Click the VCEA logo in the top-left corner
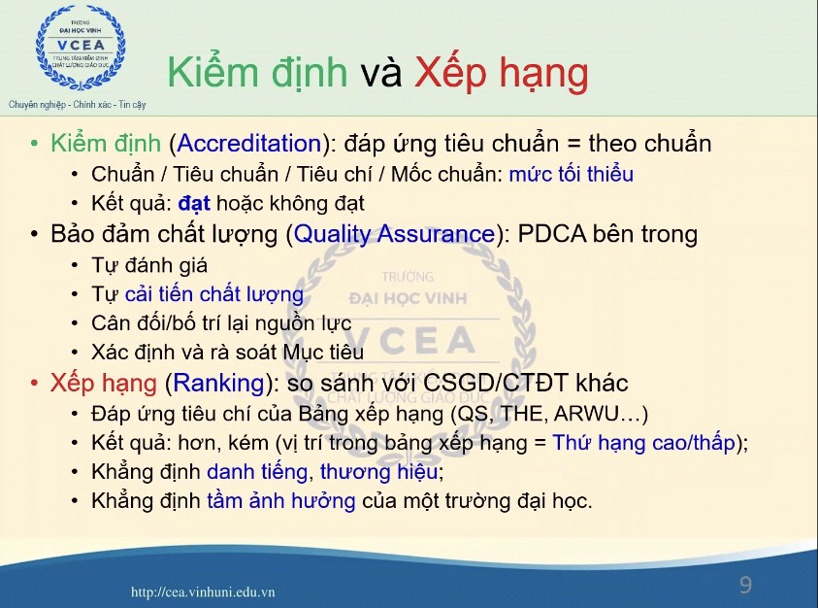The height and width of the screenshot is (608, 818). coord(81,47)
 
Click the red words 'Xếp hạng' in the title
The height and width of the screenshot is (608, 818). coord(502,74)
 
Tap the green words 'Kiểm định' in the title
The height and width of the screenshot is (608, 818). coord(257,72)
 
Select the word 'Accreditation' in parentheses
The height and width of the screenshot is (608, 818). coord(249,144)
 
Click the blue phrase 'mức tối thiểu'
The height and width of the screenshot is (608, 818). coord(572,174)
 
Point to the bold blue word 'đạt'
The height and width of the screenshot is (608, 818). coord(194,203)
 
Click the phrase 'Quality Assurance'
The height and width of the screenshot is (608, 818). coord(394,234)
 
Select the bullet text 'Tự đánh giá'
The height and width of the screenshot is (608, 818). coord(149,265)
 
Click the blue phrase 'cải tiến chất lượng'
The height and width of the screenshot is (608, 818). coord(213,294)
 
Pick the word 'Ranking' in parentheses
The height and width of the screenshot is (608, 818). coord(218,383)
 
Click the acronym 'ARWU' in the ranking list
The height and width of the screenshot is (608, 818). coord(586,413)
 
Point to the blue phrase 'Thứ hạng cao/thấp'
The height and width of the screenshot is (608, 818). coord(643,443)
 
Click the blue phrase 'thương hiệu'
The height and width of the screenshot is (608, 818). coord(378,472)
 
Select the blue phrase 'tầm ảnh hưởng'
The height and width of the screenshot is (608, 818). coord(281,500)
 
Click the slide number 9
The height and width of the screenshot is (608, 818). coord(745,585)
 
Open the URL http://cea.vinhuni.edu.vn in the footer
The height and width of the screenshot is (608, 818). coord(203,591)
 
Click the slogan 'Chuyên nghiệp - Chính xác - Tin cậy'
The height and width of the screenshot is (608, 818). coord(78,105)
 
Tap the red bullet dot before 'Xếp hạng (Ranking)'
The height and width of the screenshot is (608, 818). coord(34,383)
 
